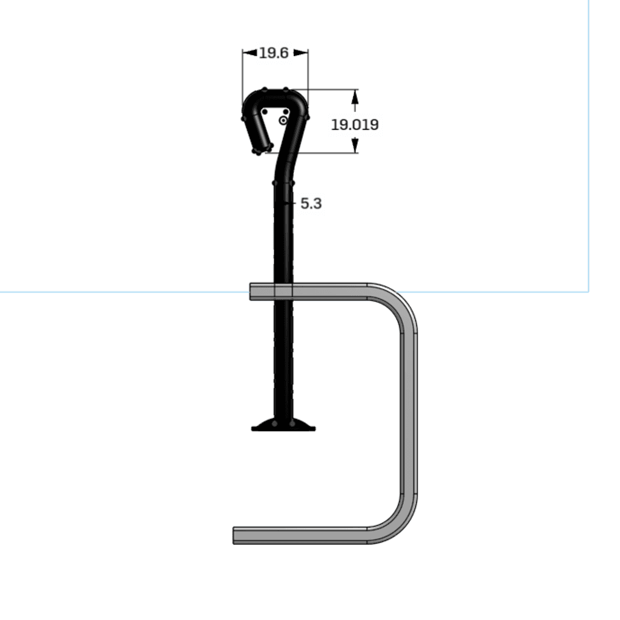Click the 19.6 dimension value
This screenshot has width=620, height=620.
[274, 53]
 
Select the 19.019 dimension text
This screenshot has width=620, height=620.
[355, 125]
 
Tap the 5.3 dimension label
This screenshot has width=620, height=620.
[311, 203]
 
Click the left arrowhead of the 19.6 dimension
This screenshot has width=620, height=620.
[249, 53]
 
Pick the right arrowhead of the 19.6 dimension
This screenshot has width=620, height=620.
[301, 53]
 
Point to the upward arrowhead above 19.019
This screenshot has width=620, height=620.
[355, 96]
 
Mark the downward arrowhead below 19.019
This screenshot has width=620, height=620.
[355, 145]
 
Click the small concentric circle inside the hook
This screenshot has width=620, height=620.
[283, 120]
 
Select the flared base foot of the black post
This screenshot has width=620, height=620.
[283, 424]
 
